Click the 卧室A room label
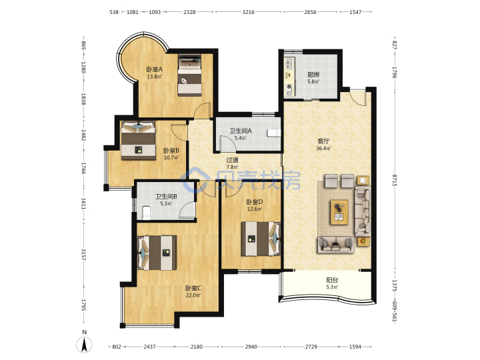(154, 70)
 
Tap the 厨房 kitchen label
(313, 75)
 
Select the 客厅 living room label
(323, 141)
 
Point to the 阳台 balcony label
(332, 280)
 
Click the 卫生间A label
(241, 131)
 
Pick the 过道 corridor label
(232, 160)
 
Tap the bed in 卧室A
(190, 75)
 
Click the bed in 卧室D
(261, 239)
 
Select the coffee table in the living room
(339, 212)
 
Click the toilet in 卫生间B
(146, 213)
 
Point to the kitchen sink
(289, 64)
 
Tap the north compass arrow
(84, 344)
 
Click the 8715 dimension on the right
(395, 180)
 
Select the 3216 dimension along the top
(248, 12)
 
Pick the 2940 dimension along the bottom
(251, 347)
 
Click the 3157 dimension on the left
(83, 255)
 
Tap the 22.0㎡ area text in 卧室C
(193, 295)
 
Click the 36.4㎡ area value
(323, 149)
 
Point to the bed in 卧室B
(139, 141)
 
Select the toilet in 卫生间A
(274, 133)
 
